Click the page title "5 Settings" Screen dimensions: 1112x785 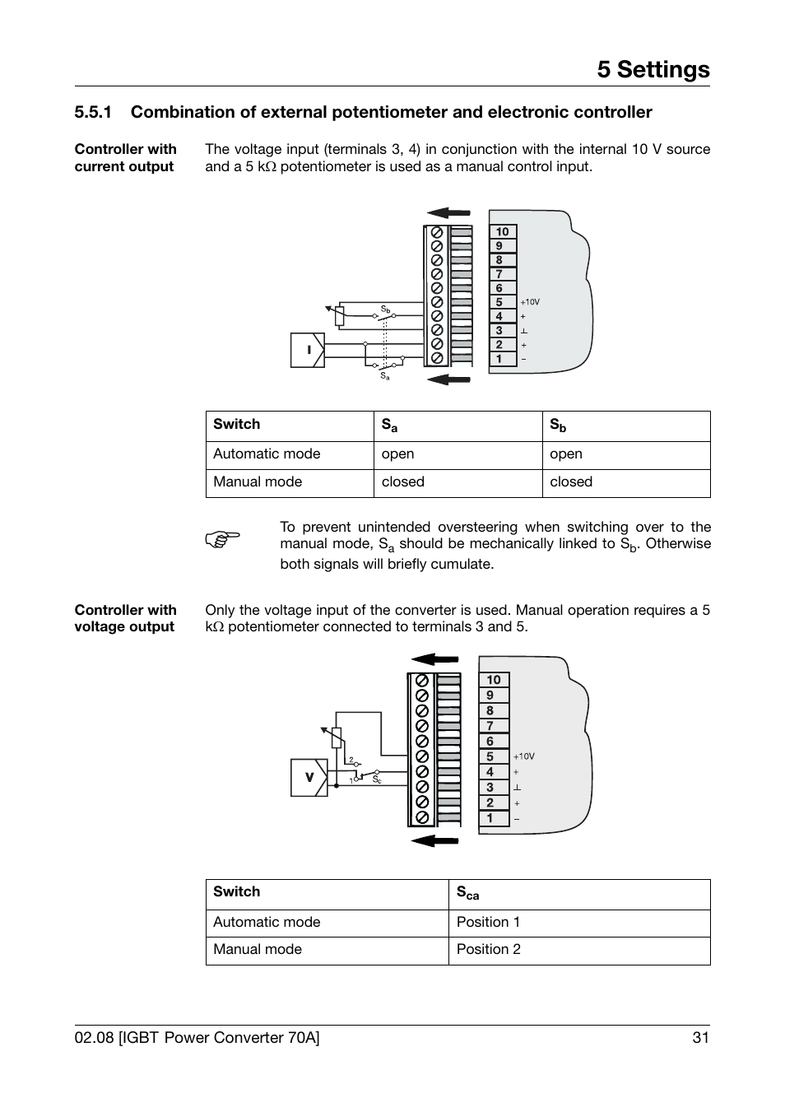point(653,70)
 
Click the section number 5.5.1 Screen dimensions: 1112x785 point(92,113)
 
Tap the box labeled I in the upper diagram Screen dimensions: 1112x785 point(308,350)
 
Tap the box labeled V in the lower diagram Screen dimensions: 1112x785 point(309,777)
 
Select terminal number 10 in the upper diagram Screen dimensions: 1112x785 point(502,232)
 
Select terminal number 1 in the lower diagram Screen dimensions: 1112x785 point(490,818)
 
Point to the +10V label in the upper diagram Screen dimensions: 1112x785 point(530,302)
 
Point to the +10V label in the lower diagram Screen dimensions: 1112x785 point(524,756)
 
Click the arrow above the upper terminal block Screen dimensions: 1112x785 point(448,212)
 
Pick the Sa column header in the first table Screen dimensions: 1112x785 point(389,426)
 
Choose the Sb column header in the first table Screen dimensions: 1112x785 point(558,426)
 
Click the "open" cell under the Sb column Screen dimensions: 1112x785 point(566,454)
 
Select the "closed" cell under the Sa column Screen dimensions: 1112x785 point(403,482)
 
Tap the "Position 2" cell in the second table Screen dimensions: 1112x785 point(489,949)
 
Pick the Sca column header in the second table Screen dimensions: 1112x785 point(467,893)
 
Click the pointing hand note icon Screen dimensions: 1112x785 point(222,539)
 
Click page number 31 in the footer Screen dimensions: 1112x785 point(700,1038)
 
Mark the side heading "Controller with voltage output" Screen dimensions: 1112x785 point(126,618)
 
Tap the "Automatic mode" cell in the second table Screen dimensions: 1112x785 point(267,922)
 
